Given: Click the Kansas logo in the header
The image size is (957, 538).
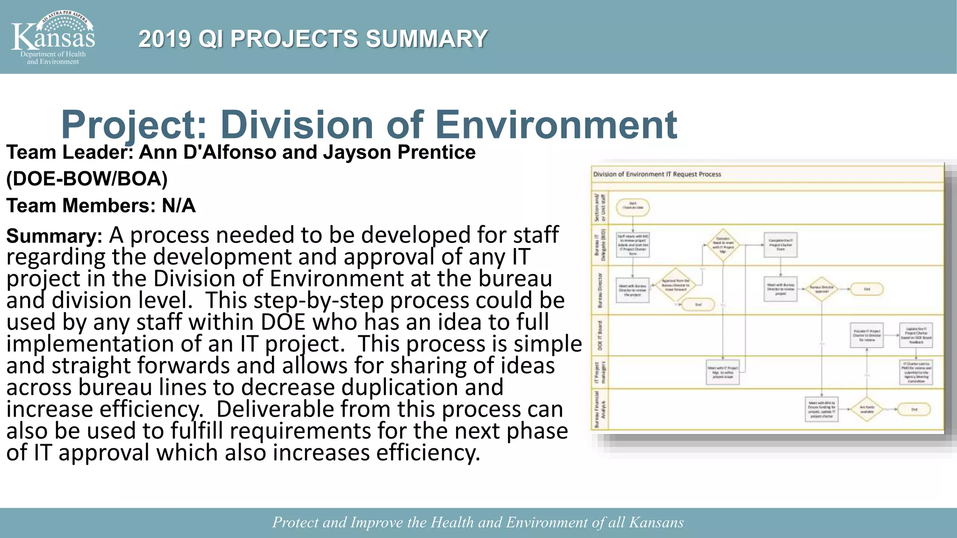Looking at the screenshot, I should [53, 37].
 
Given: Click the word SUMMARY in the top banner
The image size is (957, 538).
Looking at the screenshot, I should [426, 39].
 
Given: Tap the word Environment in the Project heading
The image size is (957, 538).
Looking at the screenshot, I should [556, 125].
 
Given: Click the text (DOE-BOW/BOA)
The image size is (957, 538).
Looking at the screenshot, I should [87, 179].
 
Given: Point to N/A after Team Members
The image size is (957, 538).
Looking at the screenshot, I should [179, 205].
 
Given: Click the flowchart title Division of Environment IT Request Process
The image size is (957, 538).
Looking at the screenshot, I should [657, 174].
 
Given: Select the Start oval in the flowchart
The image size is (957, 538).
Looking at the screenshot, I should [633, 207].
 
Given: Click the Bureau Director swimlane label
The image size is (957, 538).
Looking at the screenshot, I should [600, 290].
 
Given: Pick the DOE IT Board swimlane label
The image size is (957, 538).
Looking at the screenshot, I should [600, 335].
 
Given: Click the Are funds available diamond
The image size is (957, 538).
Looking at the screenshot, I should [867, 410].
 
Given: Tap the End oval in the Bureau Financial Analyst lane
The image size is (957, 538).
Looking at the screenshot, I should [914, 410].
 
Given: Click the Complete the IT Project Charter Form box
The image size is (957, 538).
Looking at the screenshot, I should [780, 245].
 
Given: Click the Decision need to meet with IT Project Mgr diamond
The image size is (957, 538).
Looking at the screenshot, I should [723, 245].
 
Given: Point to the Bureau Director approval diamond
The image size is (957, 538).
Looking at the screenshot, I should [821, 290].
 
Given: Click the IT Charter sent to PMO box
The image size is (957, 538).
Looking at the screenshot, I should [916, 372].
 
